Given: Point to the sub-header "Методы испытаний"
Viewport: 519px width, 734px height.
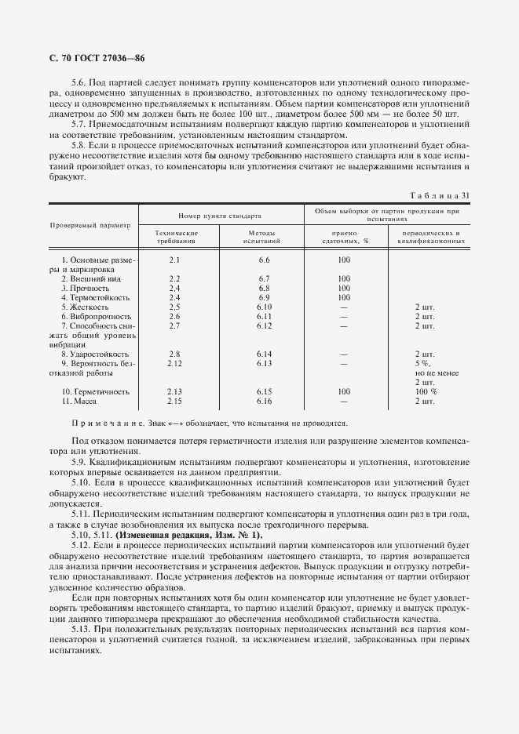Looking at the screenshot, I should tap(264, 237).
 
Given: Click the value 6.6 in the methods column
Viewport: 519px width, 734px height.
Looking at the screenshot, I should tap(264, 259).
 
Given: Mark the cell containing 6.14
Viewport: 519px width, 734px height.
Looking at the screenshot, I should tap(264, 354).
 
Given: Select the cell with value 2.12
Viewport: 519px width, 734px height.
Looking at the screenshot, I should tap(175, 363).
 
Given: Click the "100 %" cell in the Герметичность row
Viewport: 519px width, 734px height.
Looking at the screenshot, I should tap(426, 391).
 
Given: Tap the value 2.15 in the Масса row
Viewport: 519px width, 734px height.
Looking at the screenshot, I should tap(175, 401).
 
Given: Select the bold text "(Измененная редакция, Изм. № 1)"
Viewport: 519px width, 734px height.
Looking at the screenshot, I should tap(189, 535).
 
